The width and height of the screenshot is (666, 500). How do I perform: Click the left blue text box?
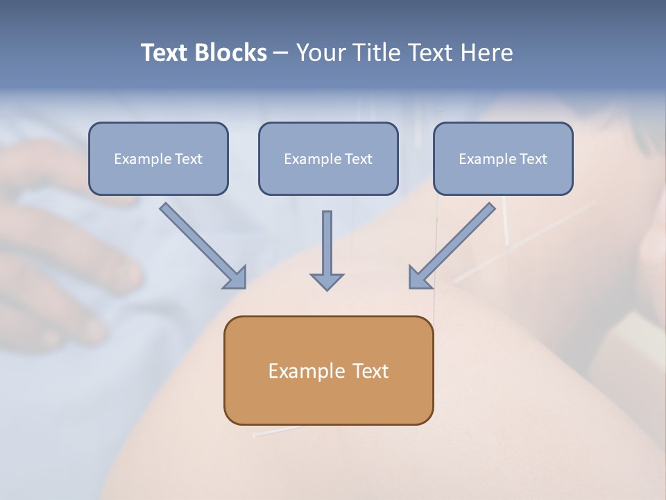[x=158, y=159]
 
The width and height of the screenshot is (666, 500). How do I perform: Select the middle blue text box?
[x=328, y=159]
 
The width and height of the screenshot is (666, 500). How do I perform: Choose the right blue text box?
[x=503, y=159]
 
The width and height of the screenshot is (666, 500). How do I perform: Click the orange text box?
[x=328, y=370]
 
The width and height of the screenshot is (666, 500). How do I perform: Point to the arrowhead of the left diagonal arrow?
[x=236, y=278]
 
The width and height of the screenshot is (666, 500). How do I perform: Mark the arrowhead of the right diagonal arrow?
[x=419, y=278]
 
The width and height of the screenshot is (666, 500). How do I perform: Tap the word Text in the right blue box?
[x=533, y=159]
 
